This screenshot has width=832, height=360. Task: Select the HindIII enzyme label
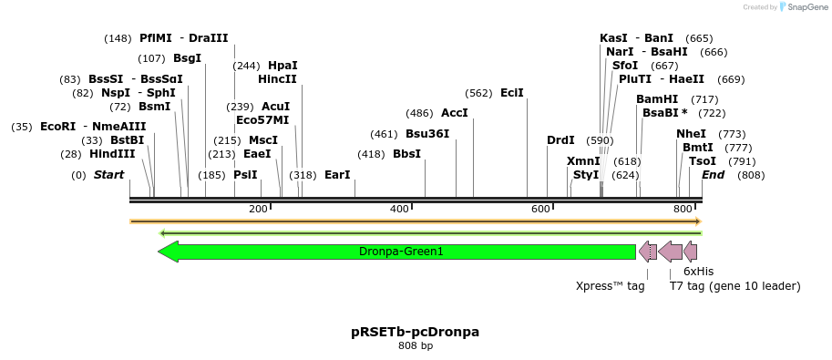[x=112, y=154]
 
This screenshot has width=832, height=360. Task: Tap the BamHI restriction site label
[x=657, y=99]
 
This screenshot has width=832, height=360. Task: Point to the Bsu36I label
[x=427, y=134]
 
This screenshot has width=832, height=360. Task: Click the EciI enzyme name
[x=512, y=93]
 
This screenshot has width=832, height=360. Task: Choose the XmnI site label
[x=583, y=161]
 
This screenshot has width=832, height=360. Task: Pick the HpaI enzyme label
[x=282, y=66]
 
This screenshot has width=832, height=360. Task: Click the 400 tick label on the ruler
[x=399, y=210]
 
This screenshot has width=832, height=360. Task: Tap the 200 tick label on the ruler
[x=258, y=210]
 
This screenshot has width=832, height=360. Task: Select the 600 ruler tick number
[x=540, y=210]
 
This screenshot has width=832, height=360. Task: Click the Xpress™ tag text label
[x=610, y=286]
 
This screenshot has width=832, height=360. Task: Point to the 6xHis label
[x=699, y=272]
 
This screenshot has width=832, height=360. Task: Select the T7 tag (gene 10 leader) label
[x=734, y=286]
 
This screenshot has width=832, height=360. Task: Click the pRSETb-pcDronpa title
[x=416, y=332]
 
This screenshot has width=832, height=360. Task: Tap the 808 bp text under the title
[x=416, y=345]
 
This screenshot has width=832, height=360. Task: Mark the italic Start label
[x=109, y=175]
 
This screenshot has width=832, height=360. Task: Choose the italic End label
[x=713, y=175]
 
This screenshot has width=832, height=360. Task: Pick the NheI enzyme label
[x=691, y=134]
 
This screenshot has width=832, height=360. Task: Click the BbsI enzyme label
[x=406, y=154]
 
